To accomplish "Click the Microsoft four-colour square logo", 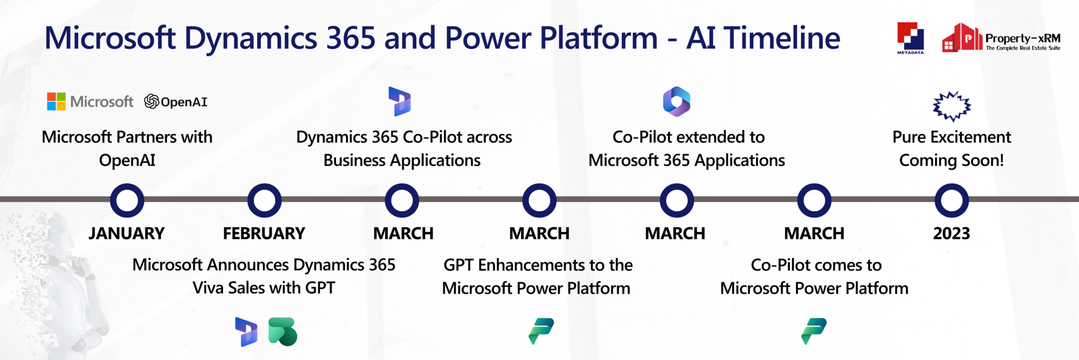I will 56,101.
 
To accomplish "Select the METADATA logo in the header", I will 910,38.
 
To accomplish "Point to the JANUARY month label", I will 126,233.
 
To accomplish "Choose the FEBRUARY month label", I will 264,233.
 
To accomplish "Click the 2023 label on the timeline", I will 952,233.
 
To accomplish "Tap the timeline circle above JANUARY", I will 127,200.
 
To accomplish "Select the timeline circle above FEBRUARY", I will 264,200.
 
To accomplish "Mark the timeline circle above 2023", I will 952,200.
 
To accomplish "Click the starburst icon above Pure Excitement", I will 952,106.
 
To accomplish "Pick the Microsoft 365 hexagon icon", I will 676,101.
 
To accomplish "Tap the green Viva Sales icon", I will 283,332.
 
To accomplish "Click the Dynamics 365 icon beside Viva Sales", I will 246,332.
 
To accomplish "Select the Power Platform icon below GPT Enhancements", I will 541,331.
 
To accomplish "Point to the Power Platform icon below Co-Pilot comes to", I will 814,331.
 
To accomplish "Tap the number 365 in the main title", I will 351,38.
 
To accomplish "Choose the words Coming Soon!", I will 952,160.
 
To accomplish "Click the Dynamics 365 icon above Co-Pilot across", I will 400,101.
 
